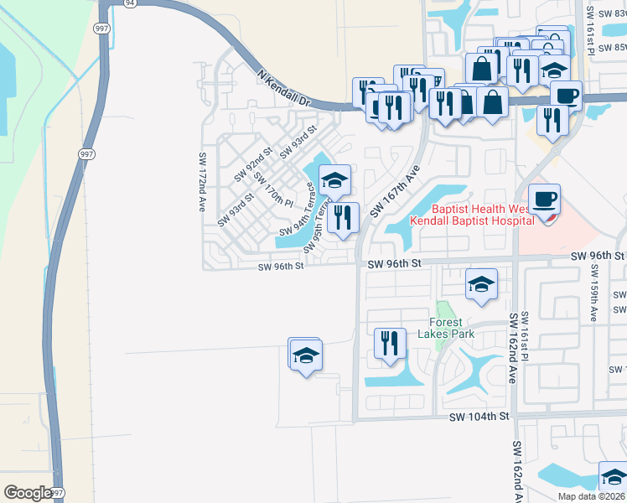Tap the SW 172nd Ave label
[x=202, y=181]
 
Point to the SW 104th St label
[x=479, y=417]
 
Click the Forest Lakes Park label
[x=452, y=327]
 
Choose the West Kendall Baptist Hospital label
[x=471, y=215]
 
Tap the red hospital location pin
[x=548, y=217]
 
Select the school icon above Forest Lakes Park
[x=481, y=285]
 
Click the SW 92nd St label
[x=253, y=164]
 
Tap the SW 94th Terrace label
[x=298, y=216]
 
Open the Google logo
[x=28, y=493]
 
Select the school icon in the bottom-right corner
[x=614, y=477]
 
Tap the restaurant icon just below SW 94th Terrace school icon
[x=344, y=219]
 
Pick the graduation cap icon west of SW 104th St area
[x=306, y=355]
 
